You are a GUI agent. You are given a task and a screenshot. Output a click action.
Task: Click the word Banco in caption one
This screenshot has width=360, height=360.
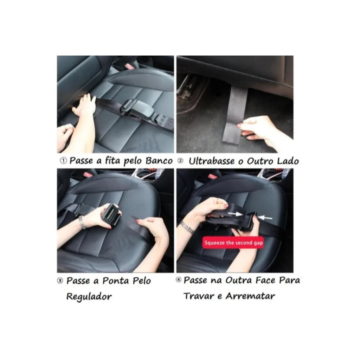coord(159,161)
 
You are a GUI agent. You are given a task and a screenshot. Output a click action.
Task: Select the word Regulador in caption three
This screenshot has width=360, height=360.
coord(89,297)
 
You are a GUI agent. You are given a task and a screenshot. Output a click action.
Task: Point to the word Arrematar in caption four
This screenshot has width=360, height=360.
coord(250,296)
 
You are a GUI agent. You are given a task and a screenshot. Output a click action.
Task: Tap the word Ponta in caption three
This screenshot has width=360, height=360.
coord(116,281)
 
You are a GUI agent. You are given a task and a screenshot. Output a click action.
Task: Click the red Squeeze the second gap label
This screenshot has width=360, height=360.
coord(233,243)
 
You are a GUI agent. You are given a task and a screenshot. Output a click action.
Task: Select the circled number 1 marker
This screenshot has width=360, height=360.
coord(63,161)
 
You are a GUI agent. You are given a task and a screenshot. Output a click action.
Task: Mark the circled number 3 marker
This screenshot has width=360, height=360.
coord(60,281)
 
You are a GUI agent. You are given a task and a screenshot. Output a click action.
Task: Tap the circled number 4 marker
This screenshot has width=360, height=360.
coord(179,280)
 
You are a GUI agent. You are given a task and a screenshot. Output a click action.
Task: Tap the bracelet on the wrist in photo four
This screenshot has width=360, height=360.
coord(187,227)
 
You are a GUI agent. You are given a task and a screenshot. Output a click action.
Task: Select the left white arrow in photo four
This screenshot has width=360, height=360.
coord(235,214)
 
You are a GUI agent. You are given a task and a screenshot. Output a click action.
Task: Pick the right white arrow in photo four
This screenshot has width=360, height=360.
coord(265,217)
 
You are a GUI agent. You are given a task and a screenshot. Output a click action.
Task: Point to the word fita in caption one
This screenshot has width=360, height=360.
coord(112,160)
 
